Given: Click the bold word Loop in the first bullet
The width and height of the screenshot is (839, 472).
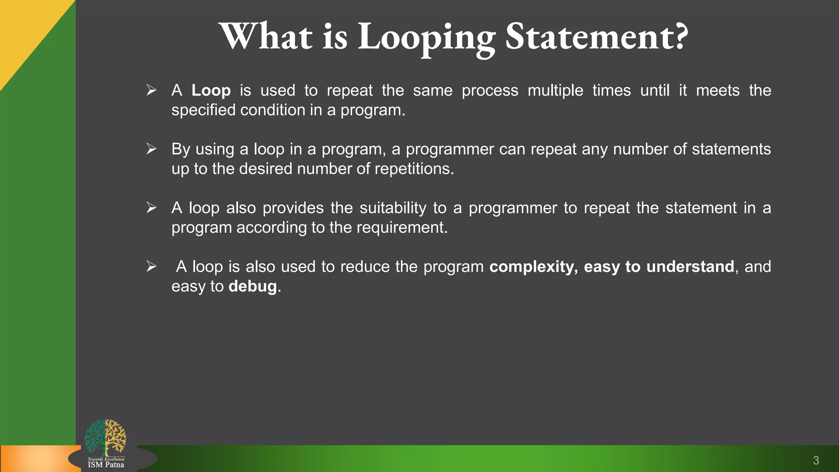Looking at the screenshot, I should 211,90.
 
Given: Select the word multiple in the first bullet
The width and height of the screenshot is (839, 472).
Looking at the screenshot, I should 555,91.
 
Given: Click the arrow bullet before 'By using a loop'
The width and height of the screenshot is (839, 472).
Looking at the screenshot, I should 152,149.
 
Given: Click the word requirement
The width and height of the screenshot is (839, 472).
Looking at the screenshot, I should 401,228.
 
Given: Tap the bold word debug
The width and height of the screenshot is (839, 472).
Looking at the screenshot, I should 253,286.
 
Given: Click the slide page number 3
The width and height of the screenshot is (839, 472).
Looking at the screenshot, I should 816,461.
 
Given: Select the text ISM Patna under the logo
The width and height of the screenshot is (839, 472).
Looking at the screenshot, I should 106,465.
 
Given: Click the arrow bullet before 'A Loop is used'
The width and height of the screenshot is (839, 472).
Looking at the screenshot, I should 152,90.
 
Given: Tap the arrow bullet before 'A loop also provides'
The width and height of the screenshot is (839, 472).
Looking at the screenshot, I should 152,208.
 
